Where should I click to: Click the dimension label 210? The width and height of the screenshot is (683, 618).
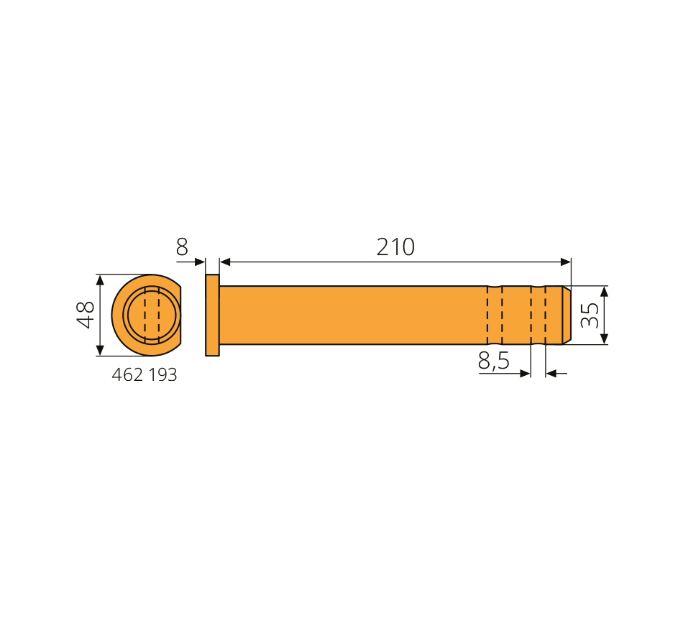click(395, 247)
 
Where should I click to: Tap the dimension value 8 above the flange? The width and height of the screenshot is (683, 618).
click(182, 247)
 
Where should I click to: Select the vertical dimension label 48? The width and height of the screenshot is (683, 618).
click(86, 315)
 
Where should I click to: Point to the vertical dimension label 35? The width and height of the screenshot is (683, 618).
click(590, 315)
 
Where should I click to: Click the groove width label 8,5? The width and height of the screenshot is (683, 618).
click(493, 361)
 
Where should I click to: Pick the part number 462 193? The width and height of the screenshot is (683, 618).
click(145, 375)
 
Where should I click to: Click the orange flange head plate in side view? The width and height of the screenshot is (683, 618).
click(212, 315)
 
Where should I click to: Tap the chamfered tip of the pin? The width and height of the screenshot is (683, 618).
click(567, 315)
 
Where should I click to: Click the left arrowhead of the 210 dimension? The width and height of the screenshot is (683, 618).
click(225, 262)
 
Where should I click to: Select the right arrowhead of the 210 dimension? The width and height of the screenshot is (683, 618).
click(565, 262)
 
